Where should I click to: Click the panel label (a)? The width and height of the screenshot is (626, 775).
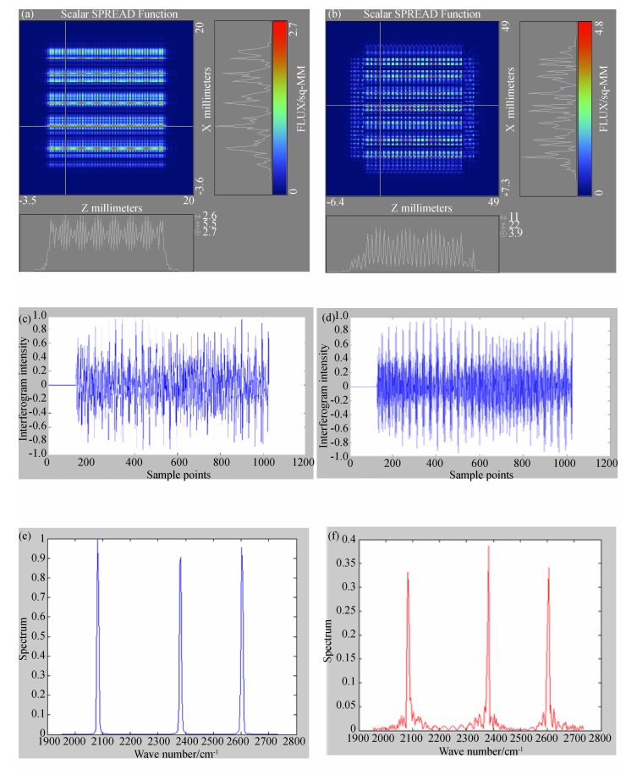[27, 14]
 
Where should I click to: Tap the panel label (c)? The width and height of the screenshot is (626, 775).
[29, 318]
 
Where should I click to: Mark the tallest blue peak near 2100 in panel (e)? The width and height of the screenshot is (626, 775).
[97, 541]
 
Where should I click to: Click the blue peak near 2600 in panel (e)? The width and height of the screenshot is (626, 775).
[241, 549]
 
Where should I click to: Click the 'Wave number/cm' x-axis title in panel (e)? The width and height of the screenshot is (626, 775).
[170, 754]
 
